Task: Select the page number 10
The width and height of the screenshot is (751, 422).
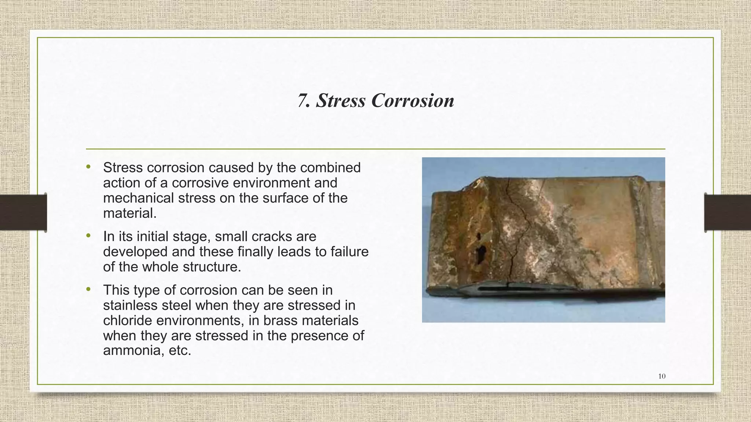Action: [662, 376]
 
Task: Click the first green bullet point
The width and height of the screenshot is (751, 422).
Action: [88, 167]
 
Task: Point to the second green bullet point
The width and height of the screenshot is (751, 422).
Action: [88, 236]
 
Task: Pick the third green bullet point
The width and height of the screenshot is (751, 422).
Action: [88, 289]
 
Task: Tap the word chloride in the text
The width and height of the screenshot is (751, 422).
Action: [127, 321]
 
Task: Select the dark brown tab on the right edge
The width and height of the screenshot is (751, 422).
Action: [728, 212]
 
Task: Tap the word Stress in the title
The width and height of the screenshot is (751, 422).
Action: [341, 101]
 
